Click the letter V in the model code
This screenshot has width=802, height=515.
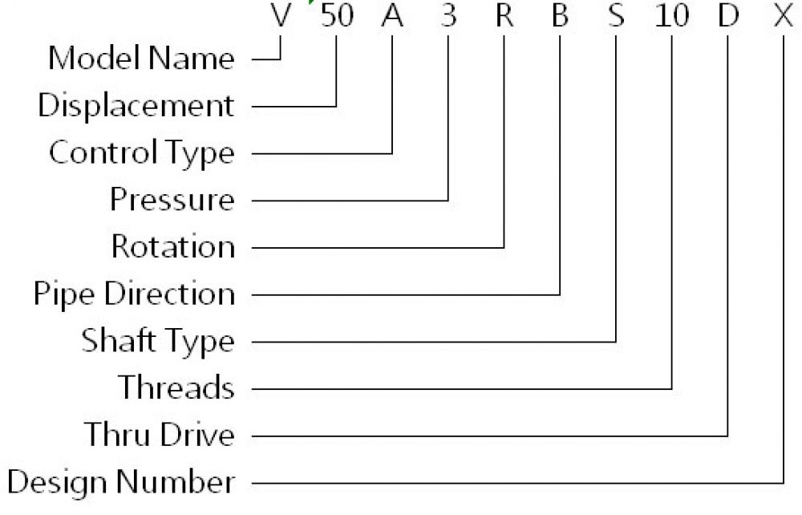pos(281,16)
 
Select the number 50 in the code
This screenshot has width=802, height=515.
pos(337,16)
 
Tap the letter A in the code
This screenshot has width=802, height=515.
pos(392,16)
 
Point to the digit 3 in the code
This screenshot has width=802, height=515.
pos(448,16)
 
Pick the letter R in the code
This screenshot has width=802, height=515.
pos(504,16)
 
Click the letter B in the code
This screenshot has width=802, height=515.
pos(560,16)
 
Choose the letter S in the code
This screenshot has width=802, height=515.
pos(616,16)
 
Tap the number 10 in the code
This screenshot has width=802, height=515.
pos(672,16)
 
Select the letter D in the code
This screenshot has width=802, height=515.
pos(728,16)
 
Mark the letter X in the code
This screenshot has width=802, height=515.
pos(784,16)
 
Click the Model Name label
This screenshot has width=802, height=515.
pos(142,58)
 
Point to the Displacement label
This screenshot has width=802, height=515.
pos(136,106)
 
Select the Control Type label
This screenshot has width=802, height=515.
pos(142,153)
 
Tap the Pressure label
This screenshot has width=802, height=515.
pos(172,200)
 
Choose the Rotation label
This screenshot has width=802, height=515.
pos(173,246)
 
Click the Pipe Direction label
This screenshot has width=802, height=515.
pos(135,294)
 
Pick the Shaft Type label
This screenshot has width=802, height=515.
pos(158,341)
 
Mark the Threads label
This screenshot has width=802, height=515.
pos(176,387)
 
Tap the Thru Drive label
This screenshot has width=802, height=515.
pos(160,435)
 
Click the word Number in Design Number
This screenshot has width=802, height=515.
pos(176,482)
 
